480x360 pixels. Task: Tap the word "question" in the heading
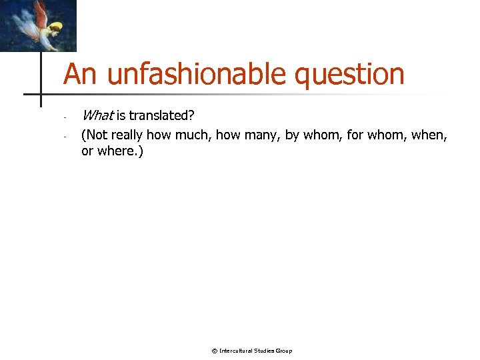[349, 75]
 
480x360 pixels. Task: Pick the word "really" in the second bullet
[127, 135]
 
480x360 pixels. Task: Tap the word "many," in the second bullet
[259, 135]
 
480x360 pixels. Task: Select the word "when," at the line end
[430, 135]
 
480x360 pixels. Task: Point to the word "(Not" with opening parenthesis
[95, 135]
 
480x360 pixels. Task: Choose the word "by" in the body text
[292, 135]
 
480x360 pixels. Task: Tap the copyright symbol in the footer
[214, 351]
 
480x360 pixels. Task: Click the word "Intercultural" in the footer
[237, 351]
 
